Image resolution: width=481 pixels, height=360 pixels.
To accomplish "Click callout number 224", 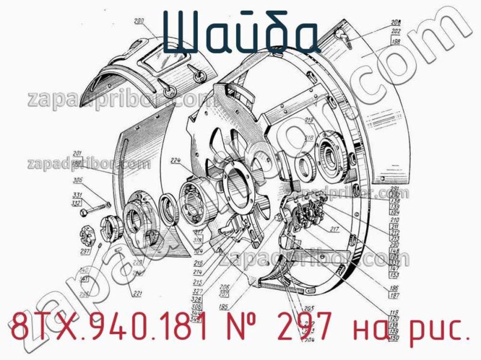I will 176,160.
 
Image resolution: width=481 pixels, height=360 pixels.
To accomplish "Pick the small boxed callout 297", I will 85,251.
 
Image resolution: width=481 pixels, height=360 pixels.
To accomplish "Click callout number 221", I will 137,293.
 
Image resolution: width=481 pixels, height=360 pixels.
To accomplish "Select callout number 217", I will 334,228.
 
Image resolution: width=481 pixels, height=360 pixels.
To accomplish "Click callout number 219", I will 309,121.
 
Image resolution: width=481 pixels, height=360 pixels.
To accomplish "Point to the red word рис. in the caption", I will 440,330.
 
